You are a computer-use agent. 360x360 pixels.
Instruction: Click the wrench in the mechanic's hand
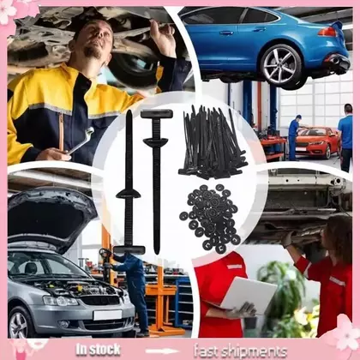pos(81,141)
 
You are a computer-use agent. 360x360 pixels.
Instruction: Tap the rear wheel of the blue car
pos(281,65)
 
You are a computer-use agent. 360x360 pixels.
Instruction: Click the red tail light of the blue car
pos(327,32)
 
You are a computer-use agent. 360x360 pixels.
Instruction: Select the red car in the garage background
pos(316,142)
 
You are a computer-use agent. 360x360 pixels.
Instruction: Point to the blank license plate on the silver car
pos(107,315)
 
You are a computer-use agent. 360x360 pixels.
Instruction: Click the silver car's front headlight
pos(60,301)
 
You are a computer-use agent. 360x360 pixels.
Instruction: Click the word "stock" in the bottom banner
pos(105,350)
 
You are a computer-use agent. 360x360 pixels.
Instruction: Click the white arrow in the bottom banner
pos(162,351)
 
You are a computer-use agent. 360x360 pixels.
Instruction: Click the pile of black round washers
pos(211,218)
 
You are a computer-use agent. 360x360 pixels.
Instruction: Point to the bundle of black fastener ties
pos(213,142)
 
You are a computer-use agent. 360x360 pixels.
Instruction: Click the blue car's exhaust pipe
pos(336,60)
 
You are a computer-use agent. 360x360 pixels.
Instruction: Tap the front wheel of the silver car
pos(19,323)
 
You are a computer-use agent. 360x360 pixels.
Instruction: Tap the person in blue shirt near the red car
pos(345,138)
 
